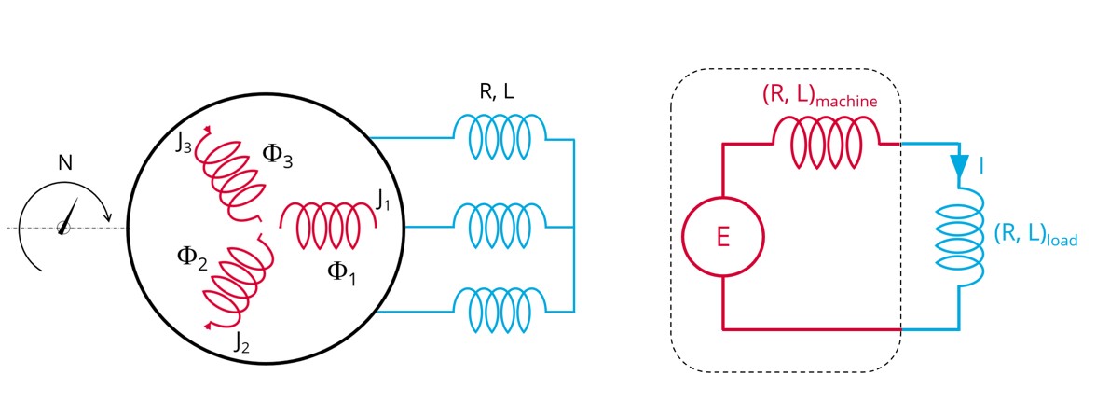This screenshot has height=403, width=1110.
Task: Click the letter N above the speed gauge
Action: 64,163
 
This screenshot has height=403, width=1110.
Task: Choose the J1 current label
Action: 380,198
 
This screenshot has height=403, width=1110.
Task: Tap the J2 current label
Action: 242,341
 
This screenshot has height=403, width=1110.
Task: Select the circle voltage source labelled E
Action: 723,237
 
